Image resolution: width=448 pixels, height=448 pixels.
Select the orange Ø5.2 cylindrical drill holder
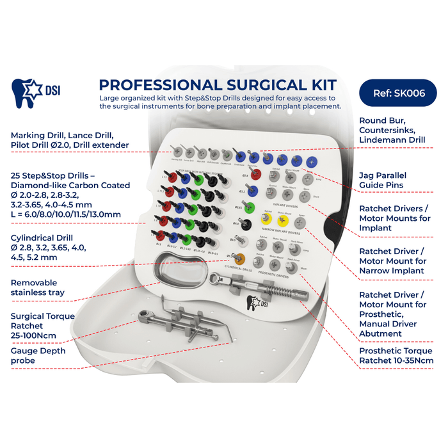point(239,258)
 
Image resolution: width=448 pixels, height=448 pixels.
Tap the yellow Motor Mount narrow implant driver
point(283,220)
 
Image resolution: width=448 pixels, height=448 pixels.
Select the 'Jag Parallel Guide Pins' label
point(391,180)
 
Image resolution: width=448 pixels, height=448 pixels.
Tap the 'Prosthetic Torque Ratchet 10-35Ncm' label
point(396,356)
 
